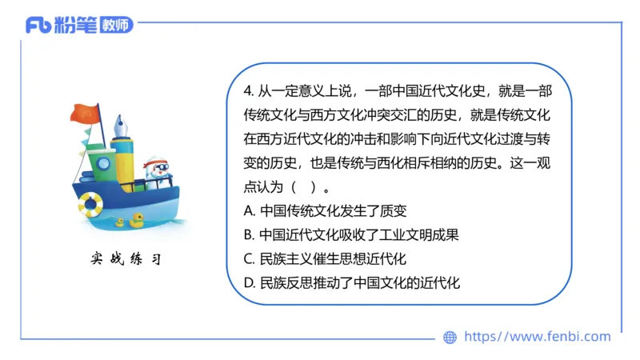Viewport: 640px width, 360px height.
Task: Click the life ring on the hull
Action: point(90,204)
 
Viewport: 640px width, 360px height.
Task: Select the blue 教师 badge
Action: point(117,25)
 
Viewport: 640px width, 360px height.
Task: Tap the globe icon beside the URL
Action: point(450,337)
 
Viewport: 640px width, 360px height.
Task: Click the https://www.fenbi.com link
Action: point(537,337)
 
